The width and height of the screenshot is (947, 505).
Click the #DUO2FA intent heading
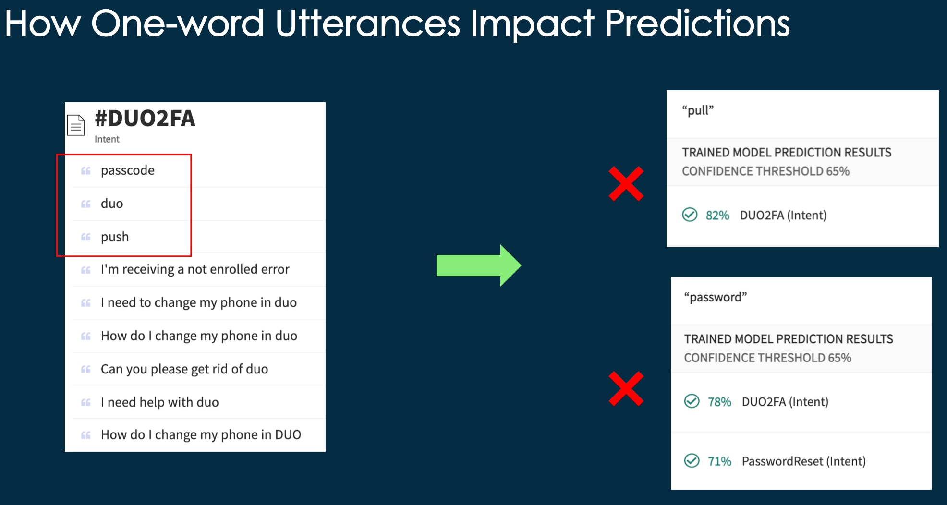[145, 119]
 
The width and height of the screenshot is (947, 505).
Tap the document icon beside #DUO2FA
[76, 125]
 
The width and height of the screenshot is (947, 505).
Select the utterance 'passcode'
[127, 170]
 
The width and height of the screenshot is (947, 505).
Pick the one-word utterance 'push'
[114, 237]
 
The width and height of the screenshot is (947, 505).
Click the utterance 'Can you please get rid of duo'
[184, 369]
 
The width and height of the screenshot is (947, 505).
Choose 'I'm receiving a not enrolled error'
[194, 269]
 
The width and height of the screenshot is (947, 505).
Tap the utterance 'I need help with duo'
[159, 402]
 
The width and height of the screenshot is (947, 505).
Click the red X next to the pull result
[626, 184]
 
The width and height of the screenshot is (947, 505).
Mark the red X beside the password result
[626, 388]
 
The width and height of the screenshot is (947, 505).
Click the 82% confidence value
[717, 216]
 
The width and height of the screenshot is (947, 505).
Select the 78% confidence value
[719, 402]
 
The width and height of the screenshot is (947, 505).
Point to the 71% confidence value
[719, 461]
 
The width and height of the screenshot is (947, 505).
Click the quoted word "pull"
[698, 110]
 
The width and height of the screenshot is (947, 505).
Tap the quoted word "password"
[715, 297]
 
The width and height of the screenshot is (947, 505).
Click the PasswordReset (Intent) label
[803, 461]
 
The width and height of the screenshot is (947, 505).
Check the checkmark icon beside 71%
[692, 461]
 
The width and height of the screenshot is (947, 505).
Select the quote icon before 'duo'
[86, 204]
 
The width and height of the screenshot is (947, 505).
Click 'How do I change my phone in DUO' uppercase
[201, 435]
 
